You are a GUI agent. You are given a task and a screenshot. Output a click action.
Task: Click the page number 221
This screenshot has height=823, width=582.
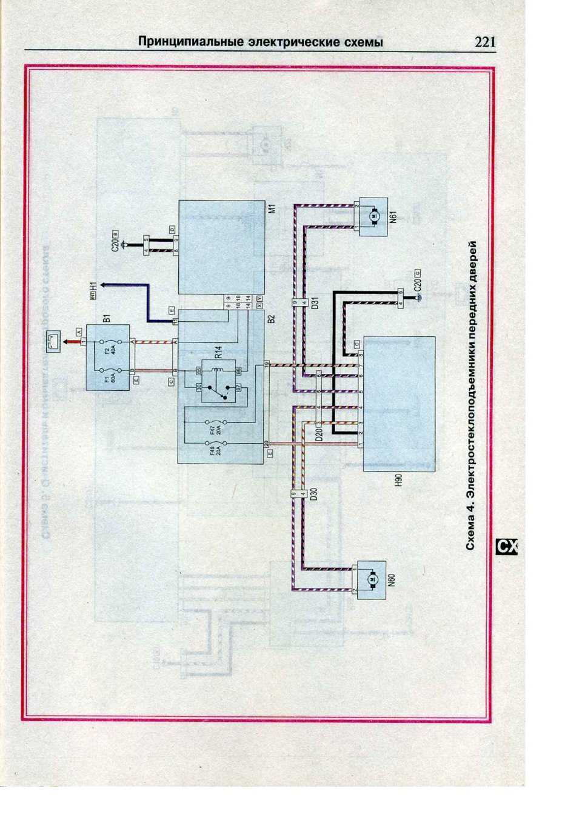pyautogui.click(x=485, y=42)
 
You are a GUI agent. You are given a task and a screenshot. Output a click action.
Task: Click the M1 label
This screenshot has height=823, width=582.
pyautogui.click(x=272, y=208)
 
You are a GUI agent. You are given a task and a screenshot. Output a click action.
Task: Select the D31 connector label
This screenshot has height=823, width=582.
pyautogui.click(x=315, y=302)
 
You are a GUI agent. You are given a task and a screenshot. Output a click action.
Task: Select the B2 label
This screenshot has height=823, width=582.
pyautogui.click(x=272, y=318)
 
